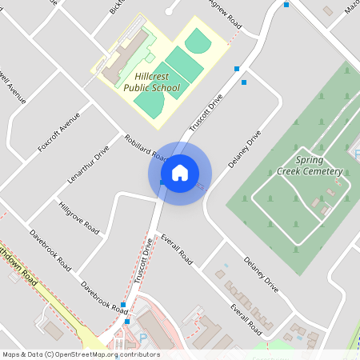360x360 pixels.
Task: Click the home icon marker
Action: click(x=180, y=172)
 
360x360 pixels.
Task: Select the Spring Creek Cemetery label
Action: click(x=309, y=166)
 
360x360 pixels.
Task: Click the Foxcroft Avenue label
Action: click(x=59, y=131)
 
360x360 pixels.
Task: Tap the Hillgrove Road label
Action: click(x=79, y=217)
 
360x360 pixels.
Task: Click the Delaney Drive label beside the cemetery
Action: click(x=245, y=149)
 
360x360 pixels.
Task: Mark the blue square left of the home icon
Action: click(x=162, y=183)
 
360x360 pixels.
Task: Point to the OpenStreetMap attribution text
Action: click(x=80, y=354)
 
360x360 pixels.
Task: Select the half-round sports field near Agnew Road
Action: click(x=197, y=40)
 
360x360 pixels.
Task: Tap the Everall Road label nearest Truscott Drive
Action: click(x=177, y=250)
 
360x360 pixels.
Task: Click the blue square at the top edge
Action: click(x=286, y=4)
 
